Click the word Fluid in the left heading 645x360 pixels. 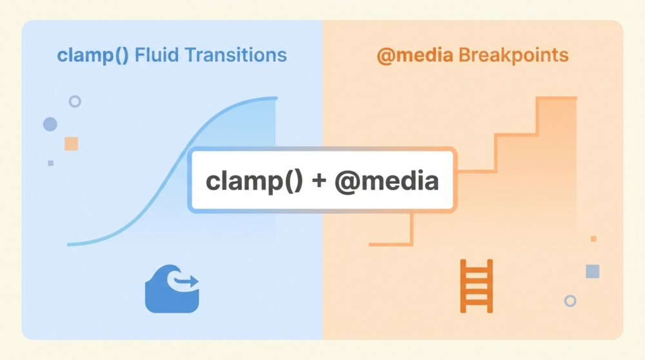coord(157,55)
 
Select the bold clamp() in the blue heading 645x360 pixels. coord(94,55)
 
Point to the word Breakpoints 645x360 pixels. coord(513,55)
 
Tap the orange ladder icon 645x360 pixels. coord(477,286)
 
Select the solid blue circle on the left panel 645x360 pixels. coord(50,124)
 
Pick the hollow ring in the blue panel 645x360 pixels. coord(75,101)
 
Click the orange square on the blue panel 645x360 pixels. coord(71,143)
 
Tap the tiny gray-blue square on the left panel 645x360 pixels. coord(51,163)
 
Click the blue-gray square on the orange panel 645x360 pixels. coord(592,271)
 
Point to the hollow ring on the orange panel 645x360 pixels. coord(570,301)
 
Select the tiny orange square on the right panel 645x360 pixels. coord(593,239)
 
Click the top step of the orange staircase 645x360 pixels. coord(556,98)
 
